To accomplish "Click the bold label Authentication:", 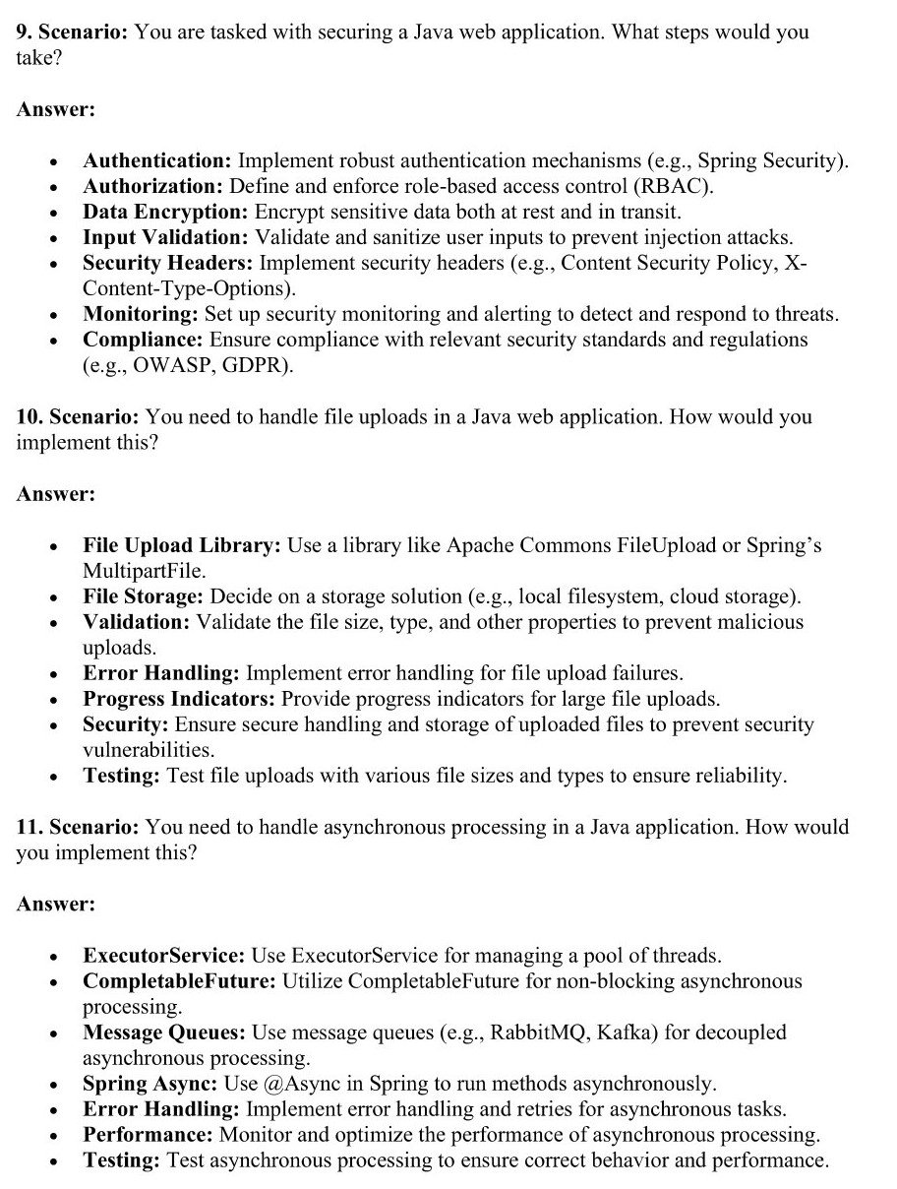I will click(x=157, y=160).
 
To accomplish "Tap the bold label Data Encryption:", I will click(x=165, y=212).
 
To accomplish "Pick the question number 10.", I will click(x=29, y=416).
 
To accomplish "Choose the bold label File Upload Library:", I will click(x=182, y=545).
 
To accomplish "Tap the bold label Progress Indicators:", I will click(x=179, y=699).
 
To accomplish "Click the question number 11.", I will click(x=29, y=828).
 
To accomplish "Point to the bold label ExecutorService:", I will click(x=164, y=956).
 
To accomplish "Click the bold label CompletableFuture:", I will click(x=180, y=981).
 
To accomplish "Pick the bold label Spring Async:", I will click(x=149, y=1084).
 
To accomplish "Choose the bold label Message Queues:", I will click(x=164, y=1033).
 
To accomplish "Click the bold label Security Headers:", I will click(x=168, y=263).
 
